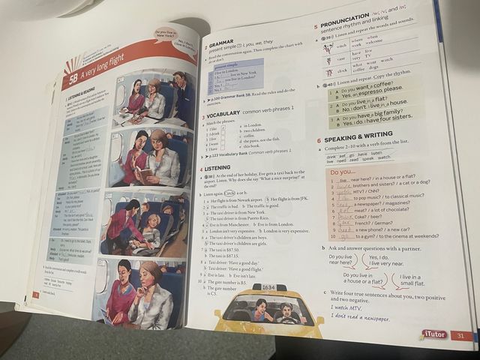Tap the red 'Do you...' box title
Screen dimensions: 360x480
tap(343, 172)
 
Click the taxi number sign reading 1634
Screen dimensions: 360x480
tap(268, 287)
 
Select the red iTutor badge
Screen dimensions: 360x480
tap(436, 334)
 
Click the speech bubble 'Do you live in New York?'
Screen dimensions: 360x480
tap(166, 33)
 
